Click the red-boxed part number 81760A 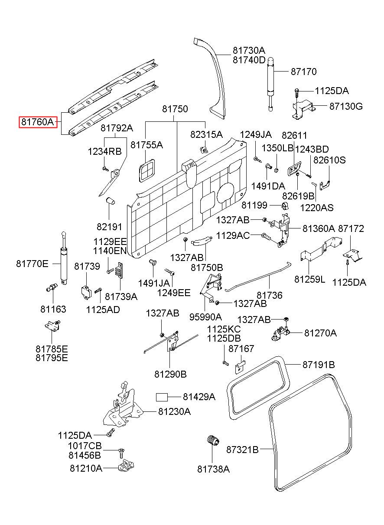pos(38,122)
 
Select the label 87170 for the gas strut pos(304,72)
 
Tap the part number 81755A pos(146,145)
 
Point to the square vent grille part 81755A pos(147,170)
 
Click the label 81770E pos(32,264)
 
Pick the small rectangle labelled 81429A pos(162,397)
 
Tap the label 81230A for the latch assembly pos(174,411)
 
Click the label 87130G pos(346,106)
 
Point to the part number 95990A pos(205,317)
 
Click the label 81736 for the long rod pos(270,295)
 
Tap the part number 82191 pos(109,227)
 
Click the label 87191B pos(319,365)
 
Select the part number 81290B pos(170,374)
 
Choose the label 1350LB pos(277,148)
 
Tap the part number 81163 pos(53,309)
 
